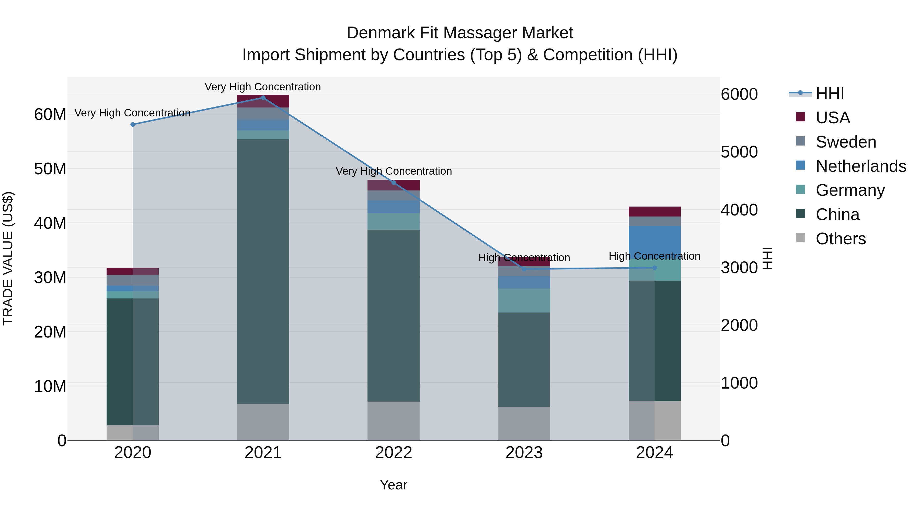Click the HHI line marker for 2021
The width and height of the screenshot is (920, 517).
263,98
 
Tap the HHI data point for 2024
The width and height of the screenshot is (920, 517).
654,268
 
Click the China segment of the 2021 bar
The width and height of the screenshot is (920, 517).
263,271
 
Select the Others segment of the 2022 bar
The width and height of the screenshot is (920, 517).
393,421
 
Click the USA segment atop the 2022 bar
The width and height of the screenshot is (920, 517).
393,185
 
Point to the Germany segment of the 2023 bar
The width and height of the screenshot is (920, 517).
524,300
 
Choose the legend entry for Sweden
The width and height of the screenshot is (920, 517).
846,142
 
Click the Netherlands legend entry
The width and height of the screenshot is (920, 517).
861,166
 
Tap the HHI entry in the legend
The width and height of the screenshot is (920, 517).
830,93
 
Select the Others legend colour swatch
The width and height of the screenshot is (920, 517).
800,238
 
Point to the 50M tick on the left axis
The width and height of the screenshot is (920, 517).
50,169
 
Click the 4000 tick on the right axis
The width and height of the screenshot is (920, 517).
739,210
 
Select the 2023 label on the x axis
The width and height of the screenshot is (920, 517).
524,453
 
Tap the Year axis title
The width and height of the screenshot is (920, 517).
393,485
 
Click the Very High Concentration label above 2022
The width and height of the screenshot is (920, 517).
393,171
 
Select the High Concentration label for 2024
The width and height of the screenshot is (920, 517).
654,256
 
